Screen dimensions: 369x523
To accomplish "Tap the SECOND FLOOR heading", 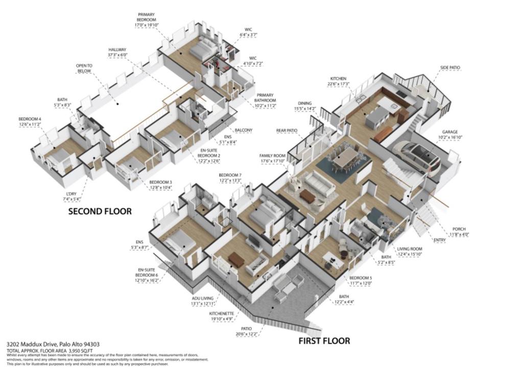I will point(100,211).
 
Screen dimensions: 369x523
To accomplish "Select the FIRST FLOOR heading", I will point(324,340).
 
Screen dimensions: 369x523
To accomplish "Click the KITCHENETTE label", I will point(223,314).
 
